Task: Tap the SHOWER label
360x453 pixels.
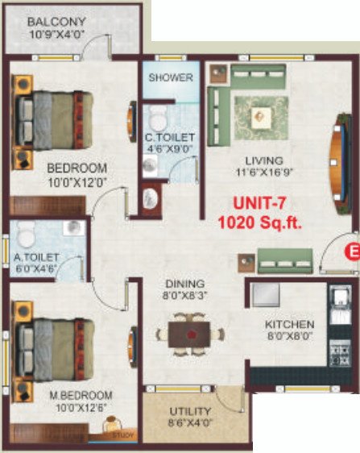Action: (x=171, y=78)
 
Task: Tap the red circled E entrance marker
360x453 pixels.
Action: (x=351, y=251)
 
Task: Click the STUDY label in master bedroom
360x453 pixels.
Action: (x=122, y=436)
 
